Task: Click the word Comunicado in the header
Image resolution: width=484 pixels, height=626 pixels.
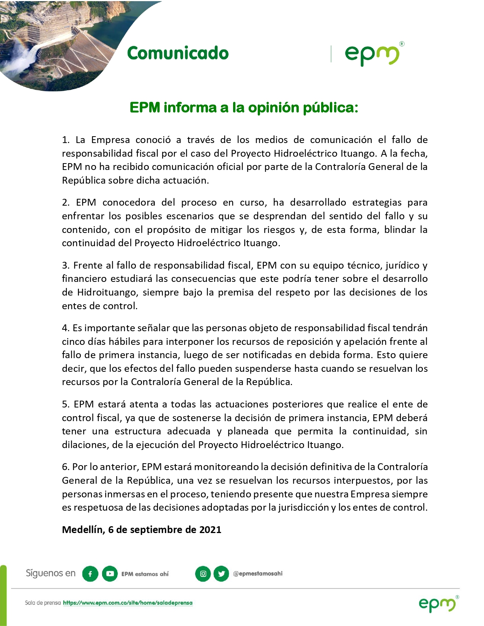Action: click(178, 53)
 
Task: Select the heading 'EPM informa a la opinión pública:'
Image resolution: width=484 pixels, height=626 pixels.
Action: click(244, 108)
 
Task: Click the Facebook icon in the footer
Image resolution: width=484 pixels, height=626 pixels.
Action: click(90, 574)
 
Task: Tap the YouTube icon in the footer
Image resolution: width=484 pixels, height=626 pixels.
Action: click(110, 574)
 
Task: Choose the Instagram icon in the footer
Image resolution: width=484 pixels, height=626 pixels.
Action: click(203, 574)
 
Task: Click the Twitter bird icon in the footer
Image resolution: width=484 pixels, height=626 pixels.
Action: click(221, 574)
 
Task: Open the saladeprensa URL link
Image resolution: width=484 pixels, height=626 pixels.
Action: click(128, 603)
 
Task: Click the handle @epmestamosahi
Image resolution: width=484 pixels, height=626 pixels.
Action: click(258, 574)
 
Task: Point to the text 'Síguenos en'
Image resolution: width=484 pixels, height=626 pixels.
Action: click(50, 573)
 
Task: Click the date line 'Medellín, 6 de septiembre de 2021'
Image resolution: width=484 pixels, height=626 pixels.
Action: click(142, 530)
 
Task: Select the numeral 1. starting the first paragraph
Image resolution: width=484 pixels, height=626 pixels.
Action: click(66, 140)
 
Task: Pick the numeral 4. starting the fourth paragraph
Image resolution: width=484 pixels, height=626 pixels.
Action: click(66, 328)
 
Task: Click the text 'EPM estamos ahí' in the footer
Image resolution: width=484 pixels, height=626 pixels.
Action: click(145, 574)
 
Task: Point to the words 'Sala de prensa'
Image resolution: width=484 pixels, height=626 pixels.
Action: click(43, 603)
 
